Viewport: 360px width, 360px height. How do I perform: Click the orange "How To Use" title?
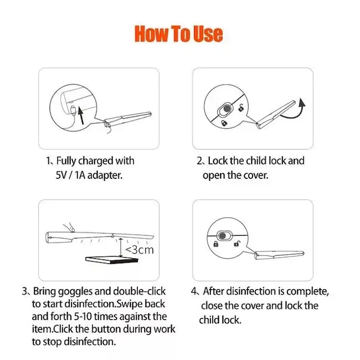179,34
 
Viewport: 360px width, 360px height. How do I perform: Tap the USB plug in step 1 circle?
73,110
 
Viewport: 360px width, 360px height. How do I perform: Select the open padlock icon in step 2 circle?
241,107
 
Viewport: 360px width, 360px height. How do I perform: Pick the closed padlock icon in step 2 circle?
224,123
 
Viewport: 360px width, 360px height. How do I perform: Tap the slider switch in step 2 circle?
225,109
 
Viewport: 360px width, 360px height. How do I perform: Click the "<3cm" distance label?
139,250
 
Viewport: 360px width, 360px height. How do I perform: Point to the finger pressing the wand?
69,227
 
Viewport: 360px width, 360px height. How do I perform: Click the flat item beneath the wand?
112,260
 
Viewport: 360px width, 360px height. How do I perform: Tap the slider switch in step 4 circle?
224,236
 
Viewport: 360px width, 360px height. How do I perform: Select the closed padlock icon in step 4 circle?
215,244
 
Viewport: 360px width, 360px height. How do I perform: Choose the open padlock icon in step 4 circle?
237,244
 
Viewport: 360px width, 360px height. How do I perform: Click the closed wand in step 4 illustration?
280,255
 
